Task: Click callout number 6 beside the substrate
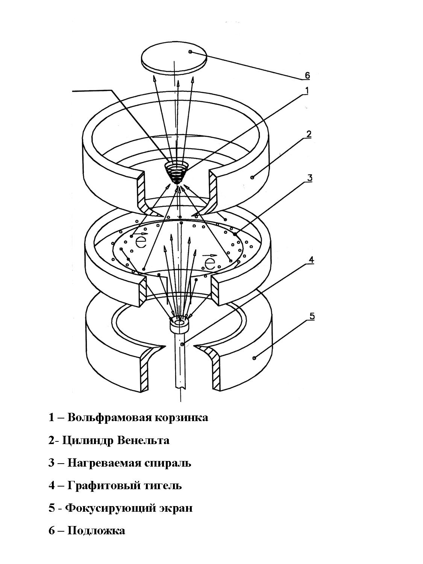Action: point(307,75)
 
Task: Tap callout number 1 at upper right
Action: point(306,90)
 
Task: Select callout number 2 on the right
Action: point(309,134)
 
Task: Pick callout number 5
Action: point(312,316)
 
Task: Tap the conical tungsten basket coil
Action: point(176,172)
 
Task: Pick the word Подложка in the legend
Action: point(96,531)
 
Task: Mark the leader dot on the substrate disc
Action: point(190,52)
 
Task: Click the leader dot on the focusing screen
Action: point(254,358)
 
